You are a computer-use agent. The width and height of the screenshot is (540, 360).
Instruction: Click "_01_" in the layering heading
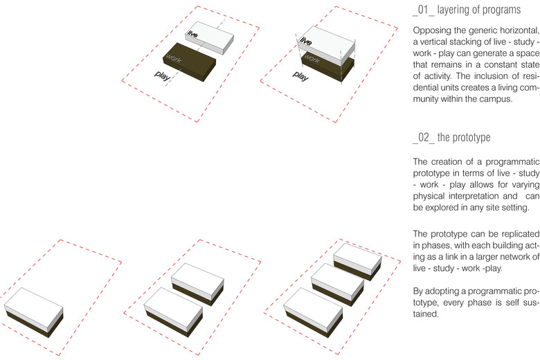click(424, 10)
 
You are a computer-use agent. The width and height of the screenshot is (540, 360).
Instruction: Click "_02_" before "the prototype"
click(424, 138)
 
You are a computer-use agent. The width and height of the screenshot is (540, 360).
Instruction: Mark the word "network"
click(512, 257)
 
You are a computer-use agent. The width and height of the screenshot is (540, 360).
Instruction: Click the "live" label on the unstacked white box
click(192, 34)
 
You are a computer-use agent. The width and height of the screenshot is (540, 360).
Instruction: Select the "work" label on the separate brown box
click(173, 58)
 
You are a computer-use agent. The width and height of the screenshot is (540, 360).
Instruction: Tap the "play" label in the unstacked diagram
click(162, 75)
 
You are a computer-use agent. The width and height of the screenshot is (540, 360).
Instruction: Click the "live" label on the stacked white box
click(305, 42)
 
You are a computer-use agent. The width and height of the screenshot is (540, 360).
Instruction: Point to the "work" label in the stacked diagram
click(312, 58)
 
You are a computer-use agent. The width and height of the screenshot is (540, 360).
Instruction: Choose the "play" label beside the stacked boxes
click(300, 76)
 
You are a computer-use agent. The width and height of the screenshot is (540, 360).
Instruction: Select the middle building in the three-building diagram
click(338, 285)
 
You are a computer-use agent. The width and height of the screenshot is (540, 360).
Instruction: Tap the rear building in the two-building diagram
click(198, 285)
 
